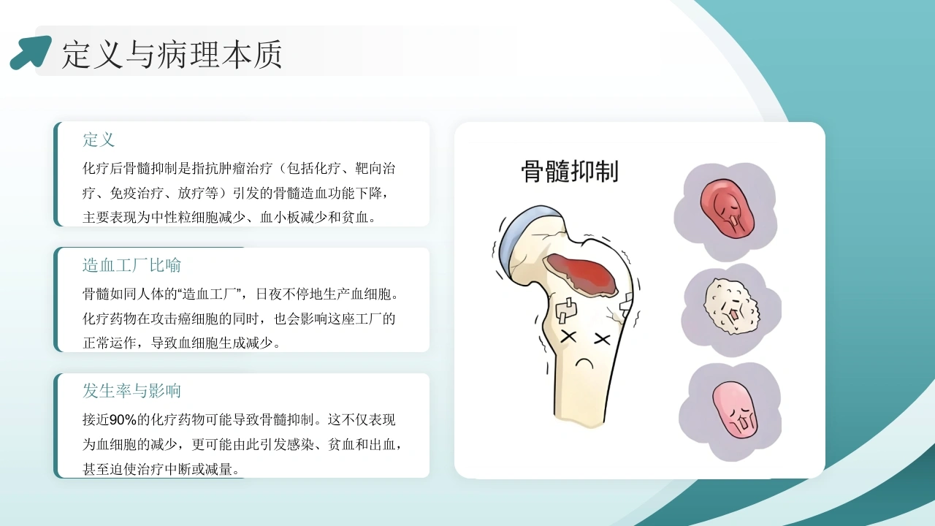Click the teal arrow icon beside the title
pos(31,53)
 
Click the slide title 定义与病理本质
pos(172,54)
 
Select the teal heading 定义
pos(99,140)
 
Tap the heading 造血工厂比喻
pos(131,265)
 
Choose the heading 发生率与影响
pos(131,391)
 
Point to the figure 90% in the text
pos(123,420)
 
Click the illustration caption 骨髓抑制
pos(570,171)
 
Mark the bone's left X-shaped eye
pos(568,337)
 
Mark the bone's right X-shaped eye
pos(601,338)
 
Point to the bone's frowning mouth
pos(584,362)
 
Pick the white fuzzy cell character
pos(731,306)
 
